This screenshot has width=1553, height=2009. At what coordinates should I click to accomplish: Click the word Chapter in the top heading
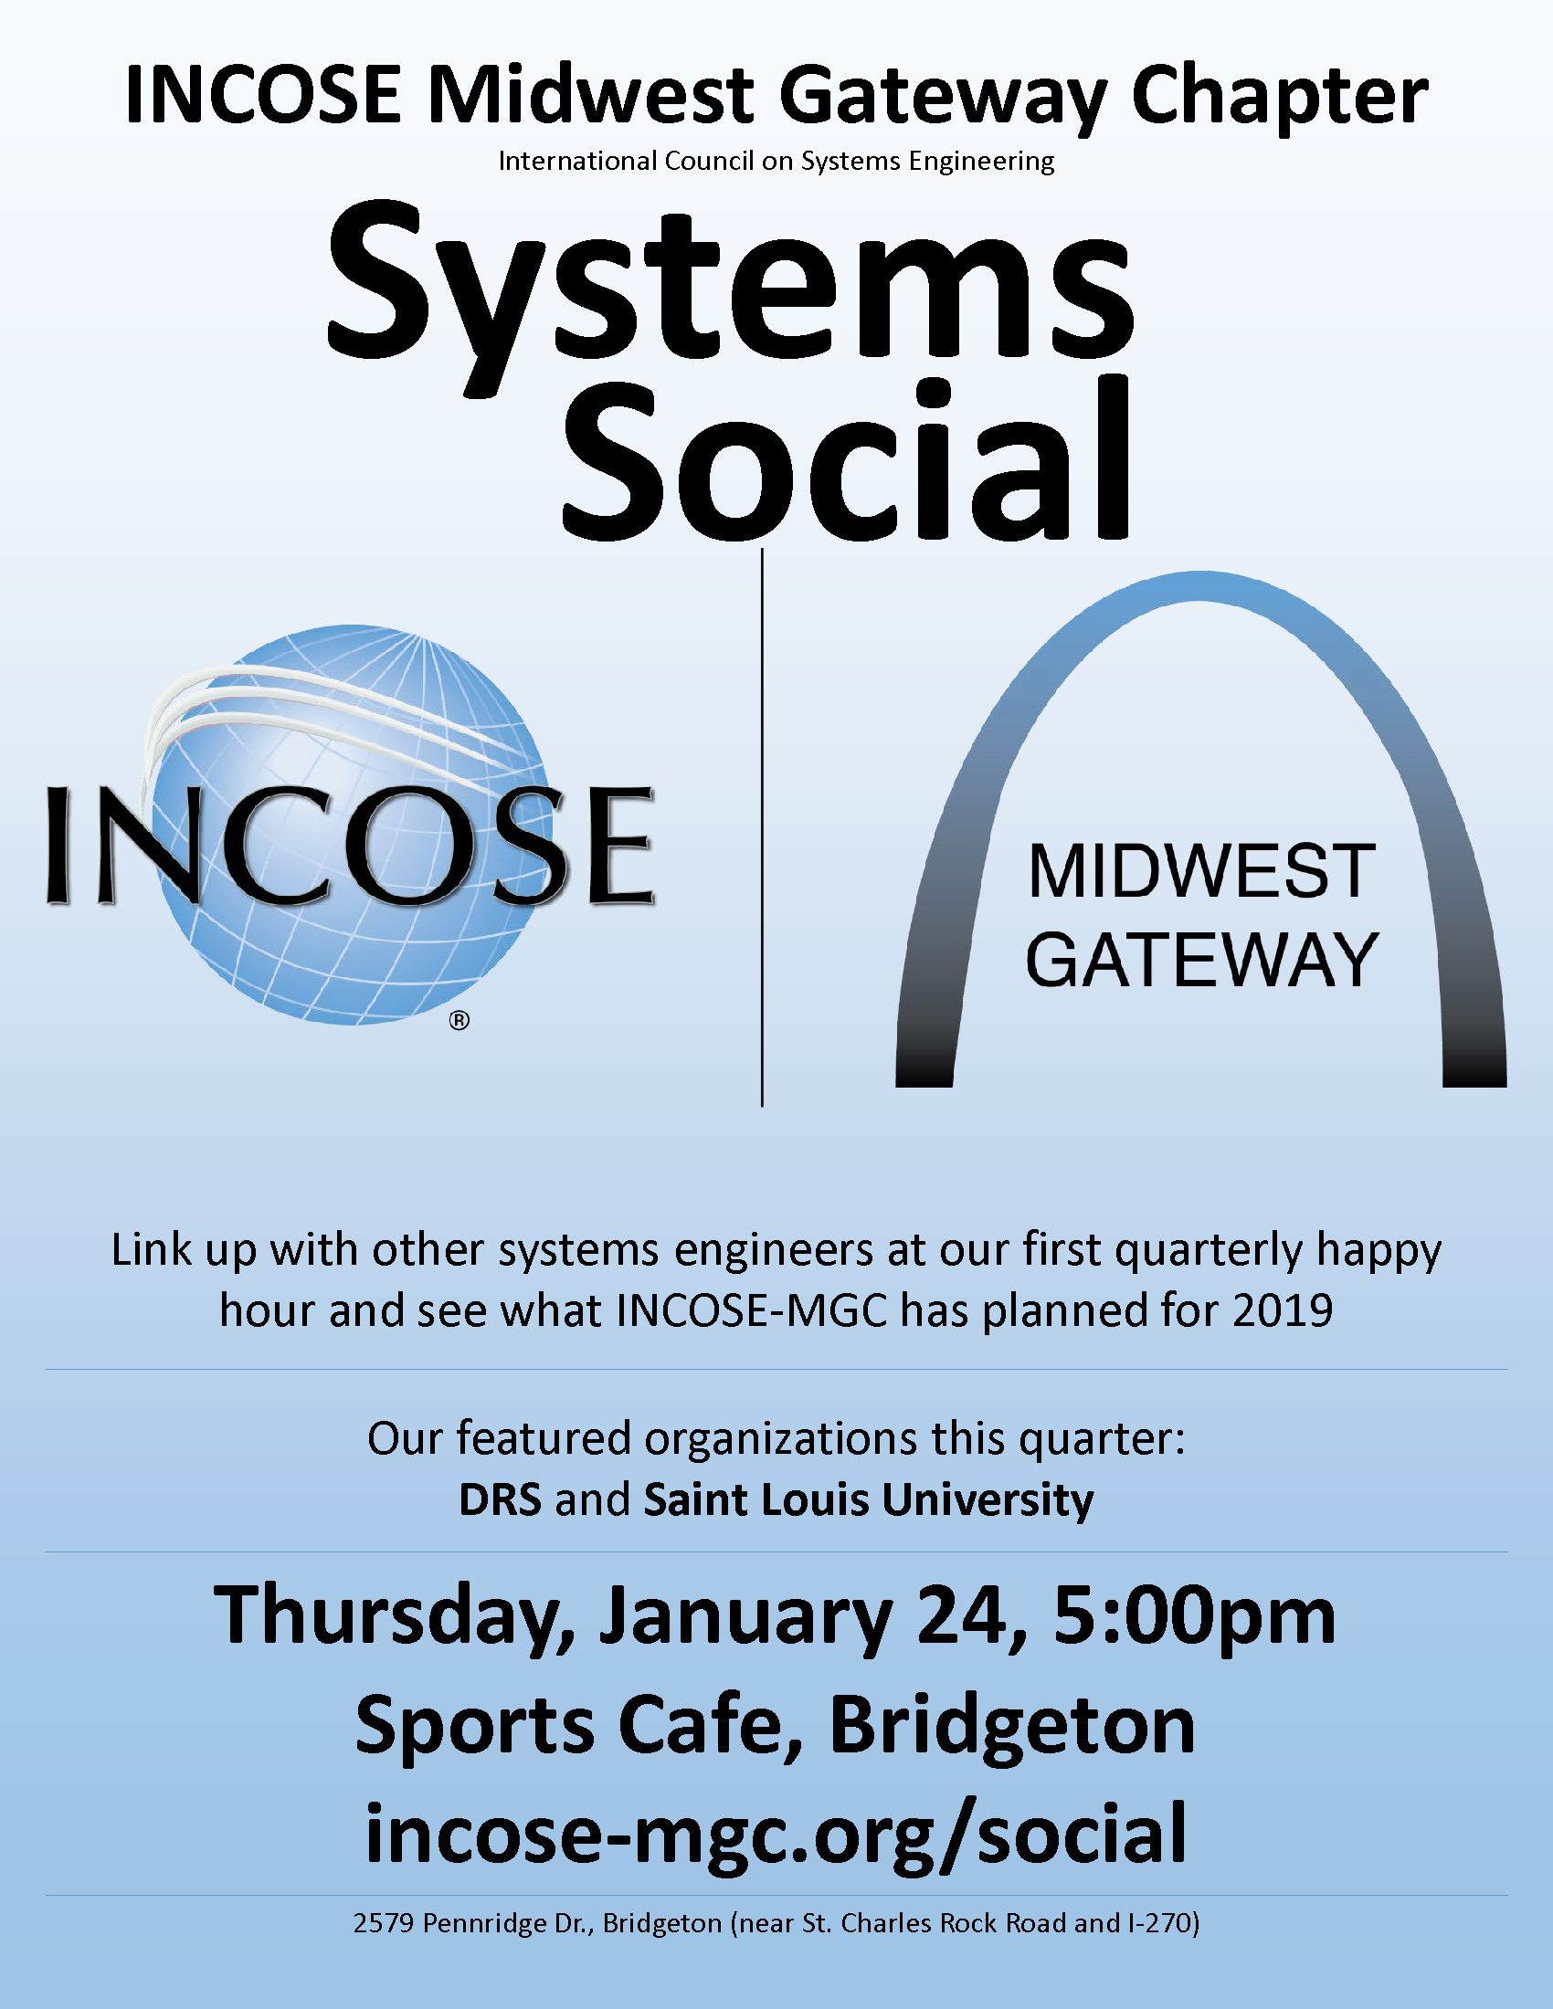click(x=1280, y=98)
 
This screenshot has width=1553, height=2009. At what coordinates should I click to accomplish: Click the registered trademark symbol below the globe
click(x=460, y=1020)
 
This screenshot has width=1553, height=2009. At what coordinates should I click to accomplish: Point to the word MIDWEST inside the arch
click(x=1201, y=871)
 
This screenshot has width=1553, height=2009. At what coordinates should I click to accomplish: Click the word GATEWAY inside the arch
click(x=1201, y=961)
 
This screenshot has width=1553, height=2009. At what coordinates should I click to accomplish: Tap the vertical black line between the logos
click(x=763, y=827)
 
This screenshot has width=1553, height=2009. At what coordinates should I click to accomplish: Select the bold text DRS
click(x=501, y=1499)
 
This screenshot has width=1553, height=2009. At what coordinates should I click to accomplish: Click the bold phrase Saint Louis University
click(x=869, y=1500)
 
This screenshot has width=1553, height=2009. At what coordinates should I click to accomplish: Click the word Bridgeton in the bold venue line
click(x=1012, y=1727)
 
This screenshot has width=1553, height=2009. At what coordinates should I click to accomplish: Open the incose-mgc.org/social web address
click(x=776, y=1835)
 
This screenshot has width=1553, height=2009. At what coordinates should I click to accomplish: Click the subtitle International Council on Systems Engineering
click(x=776, y=162)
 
